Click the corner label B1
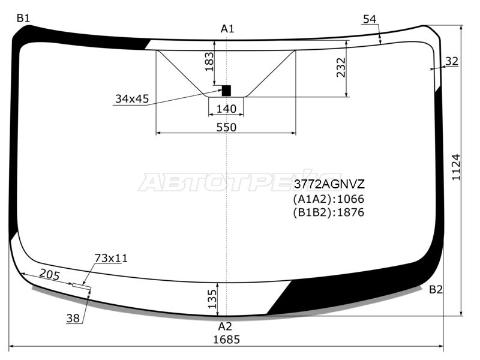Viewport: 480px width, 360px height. tap(23, 19)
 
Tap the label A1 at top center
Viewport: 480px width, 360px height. tap(227, 29)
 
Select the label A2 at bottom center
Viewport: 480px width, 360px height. tap(225, 327)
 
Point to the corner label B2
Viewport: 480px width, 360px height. tap(436, 289)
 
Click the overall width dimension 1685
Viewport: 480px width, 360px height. tap(227, 340)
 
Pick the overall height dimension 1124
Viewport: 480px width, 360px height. tap(456, 167)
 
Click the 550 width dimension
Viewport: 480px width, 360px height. tap(227, 127)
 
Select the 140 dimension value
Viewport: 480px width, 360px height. tap(227, 109)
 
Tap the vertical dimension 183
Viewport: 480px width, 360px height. tap(209, 62)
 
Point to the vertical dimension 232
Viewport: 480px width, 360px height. tap(341, 67)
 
